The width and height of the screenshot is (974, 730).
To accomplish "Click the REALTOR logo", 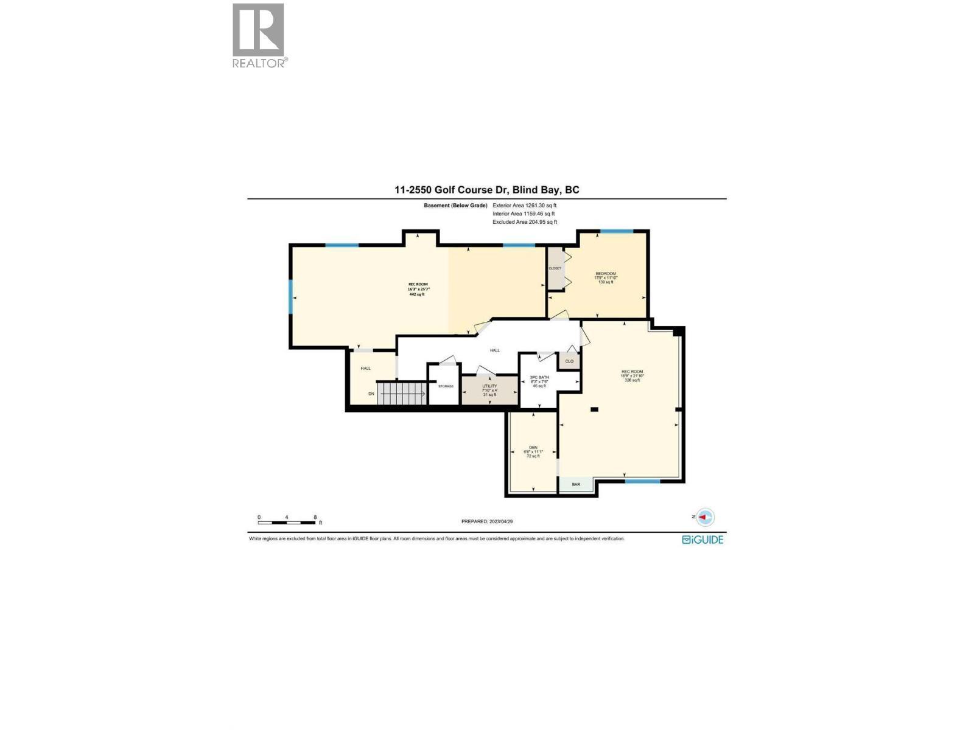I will (259, 35).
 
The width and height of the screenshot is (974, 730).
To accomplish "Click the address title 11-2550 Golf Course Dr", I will (486, 190).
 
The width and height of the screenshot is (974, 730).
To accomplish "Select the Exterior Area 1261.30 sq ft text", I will (524, 206).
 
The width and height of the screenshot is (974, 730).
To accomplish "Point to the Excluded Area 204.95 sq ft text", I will (525, 222).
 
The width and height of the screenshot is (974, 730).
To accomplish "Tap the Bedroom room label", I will (606, 277).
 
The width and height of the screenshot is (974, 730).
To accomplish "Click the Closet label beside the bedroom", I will (555, 268).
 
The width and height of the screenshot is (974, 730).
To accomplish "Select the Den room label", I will (533, 451).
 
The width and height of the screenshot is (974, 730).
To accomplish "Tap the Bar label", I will (576, 485).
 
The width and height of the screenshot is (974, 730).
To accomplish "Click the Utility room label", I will (489, 390).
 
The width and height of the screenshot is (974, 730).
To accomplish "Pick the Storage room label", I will (446, 386).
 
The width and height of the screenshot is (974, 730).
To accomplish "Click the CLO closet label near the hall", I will (569, 361).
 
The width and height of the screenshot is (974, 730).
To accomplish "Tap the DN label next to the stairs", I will (371, 394).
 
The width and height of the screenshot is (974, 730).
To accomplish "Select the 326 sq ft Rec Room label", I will (632, 376).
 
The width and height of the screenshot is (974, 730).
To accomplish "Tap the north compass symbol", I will (705, 517).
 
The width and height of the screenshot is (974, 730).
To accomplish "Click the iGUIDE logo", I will (702, 540).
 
